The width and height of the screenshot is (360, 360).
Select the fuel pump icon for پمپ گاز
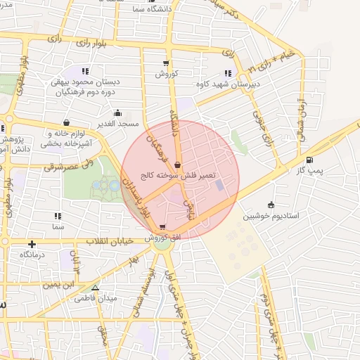(310, 159)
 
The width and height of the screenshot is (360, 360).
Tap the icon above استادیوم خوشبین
(271, 205)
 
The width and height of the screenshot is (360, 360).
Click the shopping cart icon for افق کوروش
(163, 227)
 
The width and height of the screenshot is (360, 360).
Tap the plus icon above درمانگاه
(32, 243)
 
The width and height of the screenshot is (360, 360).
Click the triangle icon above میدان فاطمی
(96, 287)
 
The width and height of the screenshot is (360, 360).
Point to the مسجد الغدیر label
(118, 124)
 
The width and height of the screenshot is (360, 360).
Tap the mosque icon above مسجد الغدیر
(117, 112)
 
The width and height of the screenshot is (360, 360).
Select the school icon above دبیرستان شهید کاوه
(227, 72)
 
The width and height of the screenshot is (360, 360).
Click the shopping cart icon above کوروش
(175, 64)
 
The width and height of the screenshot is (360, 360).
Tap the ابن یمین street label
(60, 285)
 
